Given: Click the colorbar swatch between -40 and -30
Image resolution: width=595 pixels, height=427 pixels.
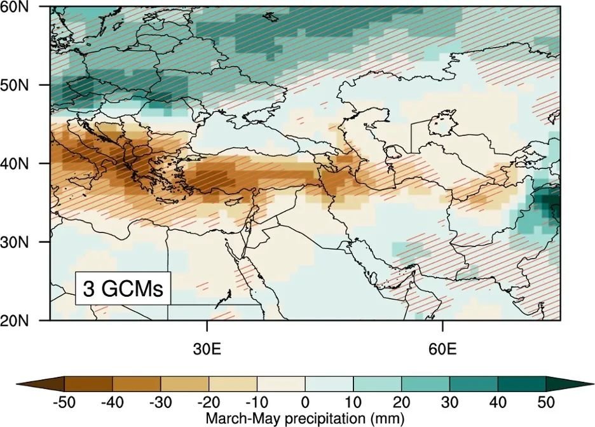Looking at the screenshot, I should (137, 384).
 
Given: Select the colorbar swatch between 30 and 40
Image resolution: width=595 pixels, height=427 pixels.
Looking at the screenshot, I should (474, 384).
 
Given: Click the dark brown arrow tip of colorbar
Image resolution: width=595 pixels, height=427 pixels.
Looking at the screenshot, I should (41, 384).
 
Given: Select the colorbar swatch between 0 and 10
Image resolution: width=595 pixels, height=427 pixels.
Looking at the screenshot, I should (329, 384).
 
